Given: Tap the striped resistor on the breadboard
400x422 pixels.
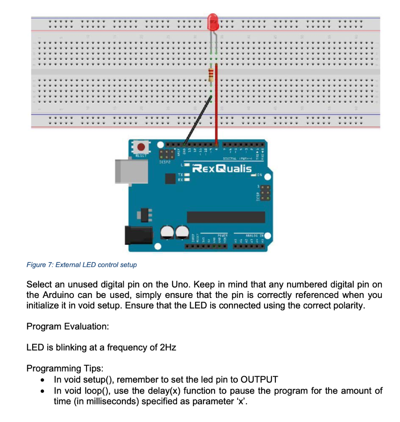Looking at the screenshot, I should (x=212, y=75).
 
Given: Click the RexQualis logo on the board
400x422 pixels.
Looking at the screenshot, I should (x=223, y=169).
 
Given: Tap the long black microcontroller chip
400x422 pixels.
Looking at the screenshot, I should (x=226, y=217).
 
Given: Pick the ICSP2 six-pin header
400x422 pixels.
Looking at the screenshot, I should (x=165, y=155).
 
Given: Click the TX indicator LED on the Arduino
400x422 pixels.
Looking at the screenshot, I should (x=186, y=175).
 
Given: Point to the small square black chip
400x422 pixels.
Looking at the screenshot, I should (x=170, y=178).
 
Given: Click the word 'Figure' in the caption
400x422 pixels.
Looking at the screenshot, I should (x=36, y=265).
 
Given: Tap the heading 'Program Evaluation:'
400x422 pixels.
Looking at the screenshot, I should (x=68, y=326).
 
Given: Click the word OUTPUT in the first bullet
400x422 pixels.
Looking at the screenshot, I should (x=259, y=380).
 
